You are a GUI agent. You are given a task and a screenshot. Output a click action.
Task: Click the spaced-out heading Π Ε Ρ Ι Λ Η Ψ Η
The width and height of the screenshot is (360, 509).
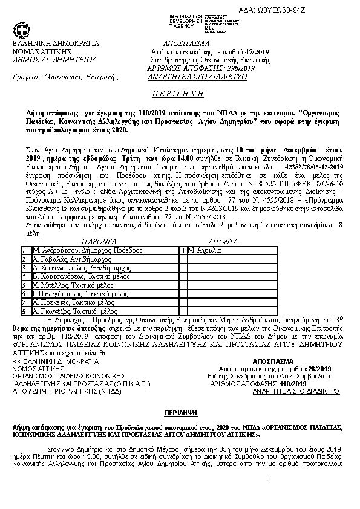pyautogui.click(x=180, y=96)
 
